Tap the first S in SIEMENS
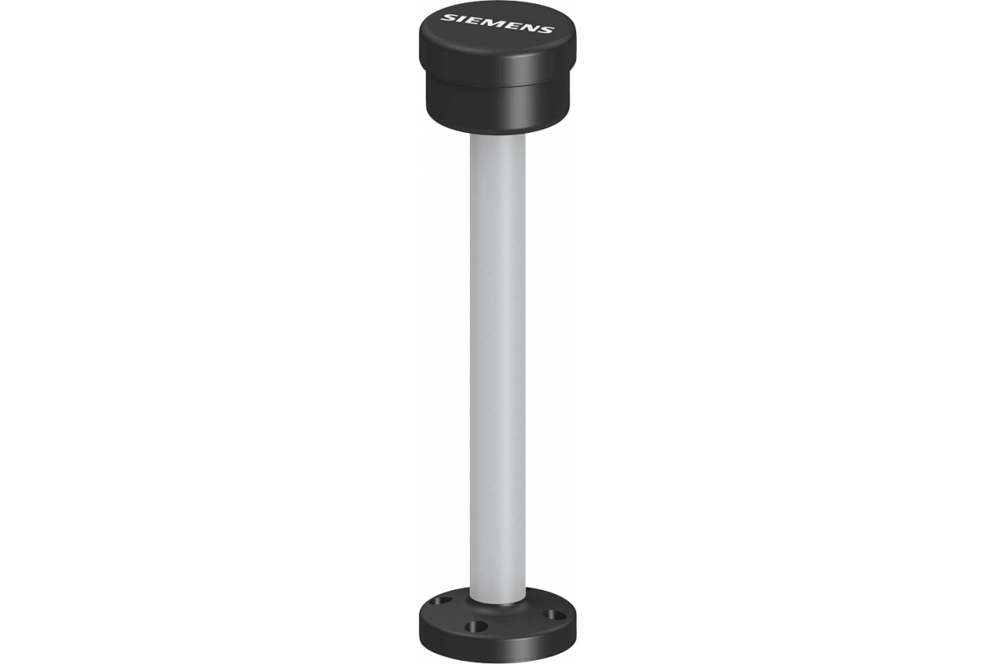(x=450, y=18)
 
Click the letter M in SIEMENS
(x=494, y=23)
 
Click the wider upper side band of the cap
(x=497, y=66)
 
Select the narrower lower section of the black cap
(x=497, y=111)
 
